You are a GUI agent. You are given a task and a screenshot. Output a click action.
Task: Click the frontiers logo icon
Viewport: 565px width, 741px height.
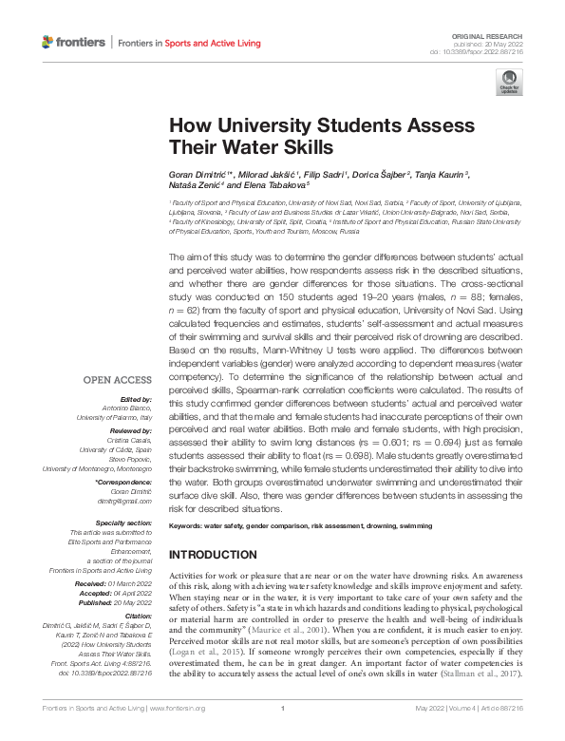[x=49, y=43]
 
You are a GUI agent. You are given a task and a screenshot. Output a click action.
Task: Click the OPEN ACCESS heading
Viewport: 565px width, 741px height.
[x=114, y=380]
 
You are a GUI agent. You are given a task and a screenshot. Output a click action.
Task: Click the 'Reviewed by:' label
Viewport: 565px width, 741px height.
[x=132, y=431]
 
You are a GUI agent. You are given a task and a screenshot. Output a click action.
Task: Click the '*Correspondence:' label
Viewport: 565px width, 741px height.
[x=125, y=483]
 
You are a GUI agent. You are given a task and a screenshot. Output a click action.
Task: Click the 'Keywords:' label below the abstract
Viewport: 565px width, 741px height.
[x=190, y=525]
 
